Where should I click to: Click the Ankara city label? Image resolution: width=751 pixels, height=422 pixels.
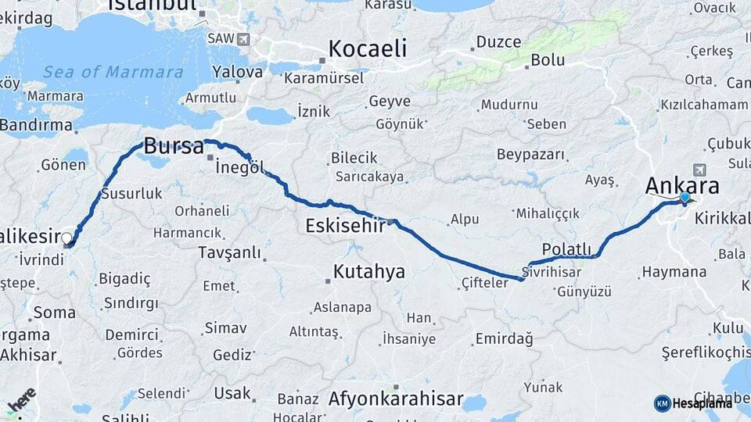point(682,186)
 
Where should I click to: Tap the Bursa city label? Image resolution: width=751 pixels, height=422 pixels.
point(174,146)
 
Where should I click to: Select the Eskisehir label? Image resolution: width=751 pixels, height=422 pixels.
point(345,226)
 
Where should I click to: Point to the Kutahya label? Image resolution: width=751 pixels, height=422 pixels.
point(368,272)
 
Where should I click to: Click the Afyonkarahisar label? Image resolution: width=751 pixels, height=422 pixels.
point(396,399)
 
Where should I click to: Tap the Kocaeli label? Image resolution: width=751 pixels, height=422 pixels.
point(368,48)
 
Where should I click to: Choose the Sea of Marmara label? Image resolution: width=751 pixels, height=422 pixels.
point(113,72)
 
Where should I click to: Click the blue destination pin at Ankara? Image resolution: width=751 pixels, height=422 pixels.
point(685,198)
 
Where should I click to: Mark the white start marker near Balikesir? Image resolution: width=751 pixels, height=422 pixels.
point(67,239)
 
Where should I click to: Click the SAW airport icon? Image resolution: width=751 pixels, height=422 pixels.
point(244,38)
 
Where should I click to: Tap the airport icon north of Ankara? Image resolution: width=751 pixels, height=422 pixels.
point(699,170)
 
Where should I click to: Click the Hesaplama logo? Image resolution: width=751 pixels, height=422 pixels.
point(693,403)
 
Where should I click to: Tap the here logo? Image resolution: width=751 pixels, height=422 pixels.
point(21,399)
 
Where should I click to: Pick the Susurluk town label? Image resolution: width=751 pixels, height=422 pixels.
point(131,192)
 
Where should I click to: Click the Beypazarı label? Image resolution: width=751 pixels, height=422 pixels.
point(530,154)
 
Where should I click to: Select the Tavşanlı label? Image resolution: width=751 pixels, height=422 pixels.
point(229,252)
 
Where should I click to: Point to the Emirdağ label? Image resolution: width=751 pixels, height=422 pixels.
point(503,339)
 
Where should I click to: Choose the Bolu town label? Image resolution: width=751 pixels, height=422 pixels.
point(548,60)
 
